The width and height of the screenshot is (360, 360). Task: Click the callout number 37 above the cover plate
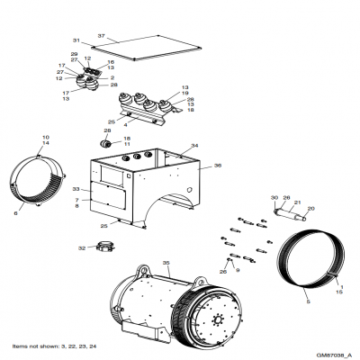pyautogui.click(x=102, y=36)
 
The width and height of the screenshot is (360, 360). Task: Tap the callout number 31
pyautogui.click(x=76, y=41)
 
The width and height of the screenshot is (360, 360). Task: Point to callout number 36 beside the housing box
pyautogui.click(x=217, y=166)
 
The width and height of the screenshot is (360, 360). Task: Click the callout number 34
pyautogui.click(x=194, y=145)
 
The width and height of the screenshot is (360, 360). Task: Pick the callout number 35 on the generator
pyautogui.click(x=166, y=263)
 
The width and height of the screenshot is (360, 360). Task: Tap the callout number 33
pyautogui.click(x=77, y=188)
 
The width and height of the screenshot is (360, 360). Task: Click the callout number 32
pyautogui.click(x=82, y=247)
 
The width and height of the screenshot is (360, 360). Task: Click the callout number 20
pyautogui.click(x=311, y=209)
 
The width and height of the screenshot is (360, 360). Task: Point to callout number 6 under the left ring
pyautogui.click(x=41, y=212)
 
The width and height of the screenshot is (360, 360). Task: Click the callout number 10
pyautogui.click(x=45, y=137)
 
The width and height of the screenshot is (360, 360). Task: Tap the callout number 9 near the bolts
pyautogui.click(x=237, y=269)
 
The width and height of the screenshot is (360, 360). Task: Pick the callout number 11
pyautogui.click(x=127, y=144)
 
